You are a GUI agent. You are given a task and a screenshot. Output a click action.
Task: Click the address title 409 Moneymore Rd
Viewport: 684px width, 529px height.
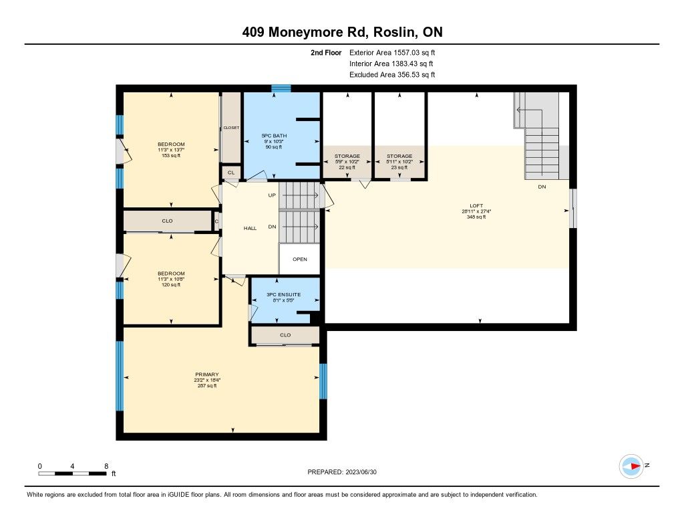click(305, 32)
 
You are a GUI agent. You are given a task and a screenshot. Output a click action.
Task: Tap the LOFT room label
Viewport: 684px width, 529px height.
click(476, 206)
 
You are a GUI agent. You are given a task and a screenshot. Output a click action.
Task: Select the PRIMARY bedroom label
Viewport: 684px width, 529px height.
click(207, 375)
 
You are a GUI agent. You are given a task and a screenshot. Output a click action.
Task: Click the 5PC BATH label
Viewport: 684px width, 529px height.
click(274, 136)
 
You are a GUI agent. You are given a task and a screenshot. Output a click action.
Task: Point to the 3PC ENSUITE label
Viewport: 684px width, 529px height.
click(283, 294)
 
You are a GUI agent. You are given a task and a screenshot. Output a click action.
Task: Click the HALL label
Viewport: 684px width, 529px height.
click(250, 228)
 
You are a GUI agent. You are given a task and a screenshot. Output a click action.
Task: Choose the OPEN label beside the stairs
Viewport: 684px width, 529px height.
click(300, 259)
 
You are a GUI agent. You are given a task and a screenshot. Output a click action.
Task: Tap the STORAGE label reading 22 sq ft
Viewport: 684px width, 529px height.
click(347, 156)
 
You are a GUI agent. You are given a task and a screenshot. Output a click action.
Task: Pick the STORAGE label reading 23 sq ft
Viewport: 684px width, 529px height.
click(399, 156)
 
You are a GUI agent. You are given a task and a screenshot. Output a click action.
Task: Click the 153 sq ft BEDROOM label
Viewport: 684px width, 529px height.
click(171, 144)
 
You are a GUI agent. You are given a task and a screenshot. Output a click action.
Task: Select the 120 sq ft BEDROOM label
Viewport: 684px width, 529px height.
click(171, 274)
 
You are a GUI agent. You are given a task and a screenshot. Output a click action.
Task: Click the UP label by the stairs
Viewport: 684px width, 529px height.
click(272, 195)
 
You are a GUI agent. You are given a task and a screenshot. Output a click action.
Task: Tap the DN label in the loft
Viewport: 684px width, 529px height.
click(542, 187)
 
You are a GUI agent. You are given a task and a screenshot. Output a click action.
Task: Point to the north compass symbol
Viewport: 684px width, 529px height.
click(631, 466)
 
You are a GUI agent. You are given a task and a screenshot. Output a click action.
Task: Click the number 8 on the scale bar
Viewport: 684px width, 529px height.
click(106, 466)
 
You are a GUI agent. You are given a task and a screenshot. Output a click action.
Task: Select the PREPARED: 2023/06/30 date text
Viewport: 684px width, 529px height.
click(342, 471)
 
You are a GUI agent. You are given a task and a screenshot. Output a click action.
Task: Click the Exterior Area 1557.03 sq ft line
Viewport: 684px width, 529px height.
click(392, 53)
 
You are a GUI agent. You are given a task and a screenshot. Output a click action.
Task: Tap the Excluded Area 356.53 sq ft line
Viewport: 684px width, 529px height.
click(392, 75)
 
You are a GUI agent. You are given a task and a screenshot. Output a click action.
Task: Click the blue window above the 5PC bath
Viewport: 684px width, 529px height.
click(281, 88)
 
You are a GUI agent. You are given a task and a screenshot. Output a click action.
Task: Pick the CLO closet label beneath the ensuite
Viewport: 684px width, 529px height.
click(285, 335)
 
